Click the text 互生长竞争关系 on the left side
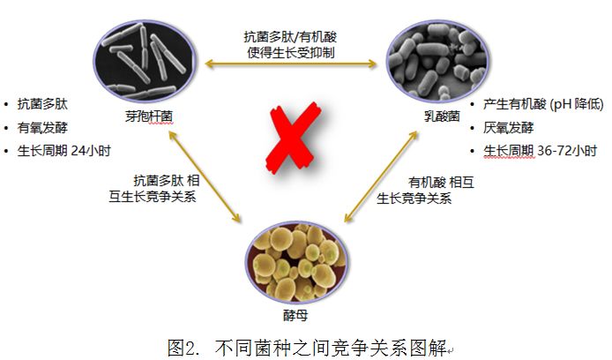146,196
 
